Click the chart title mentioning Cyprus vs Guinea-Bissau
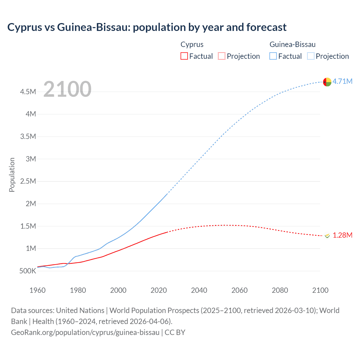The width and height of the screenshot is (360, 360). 147,27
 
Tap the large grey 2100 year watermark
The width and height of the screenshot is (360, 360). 67,89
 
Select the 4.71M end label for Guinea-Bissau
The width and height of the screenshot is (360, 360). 342,81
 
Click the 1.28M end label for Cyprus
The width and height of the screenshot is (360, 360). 342,235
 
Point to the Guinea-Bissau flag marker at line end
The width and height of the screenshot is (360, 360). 327,82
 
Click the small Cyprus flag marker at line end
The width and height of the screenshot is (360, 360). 327,236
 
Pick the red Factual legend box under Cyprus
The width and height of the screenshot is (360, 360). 184,56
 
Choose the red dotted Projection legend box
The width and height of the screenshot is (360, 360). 222,56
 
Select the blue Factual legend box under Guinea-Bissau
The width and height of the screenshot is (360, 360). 273,56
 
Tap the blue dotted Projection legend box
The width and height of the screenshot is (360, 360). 311,56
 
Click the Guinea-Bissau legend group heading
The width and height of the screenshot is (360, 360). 292,44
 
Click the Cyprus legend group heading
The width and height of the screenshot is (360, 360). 192,44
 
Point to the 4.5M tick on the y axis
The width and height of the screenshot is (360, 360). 28,92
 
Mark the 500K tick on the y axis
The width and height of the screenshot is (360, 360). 28,271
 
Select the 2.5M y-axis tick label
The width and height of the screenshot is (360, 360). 28,181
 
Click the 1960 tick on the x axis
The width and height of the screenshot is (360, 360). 37,290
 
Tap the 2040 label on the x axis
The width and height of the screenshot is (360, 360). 199,290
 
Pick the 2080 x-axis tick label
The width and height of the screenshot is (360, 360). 280,290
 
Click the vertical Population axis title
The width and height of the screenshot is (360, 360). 12,175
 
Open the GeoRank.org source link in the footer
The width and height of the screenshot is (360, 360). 85,332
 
